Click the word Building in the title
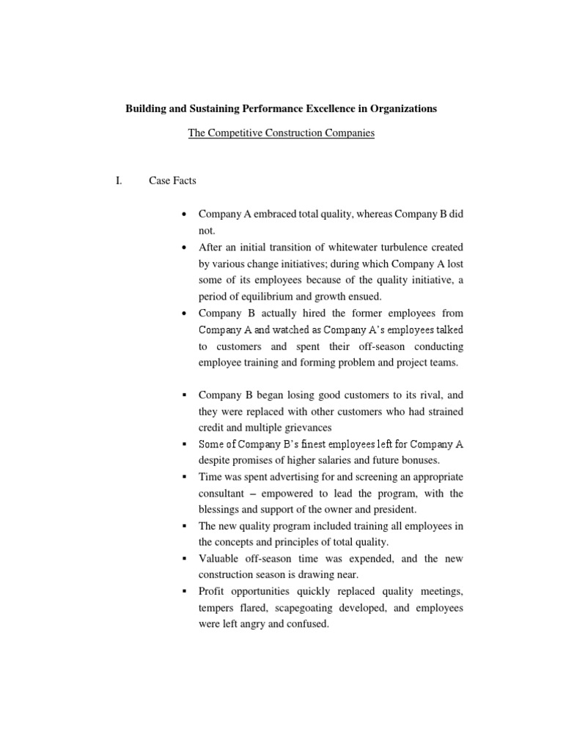[x=145, y=108]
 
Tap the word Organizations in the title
[x=400, y=108]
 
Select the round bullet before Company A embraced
[x=184, y=214]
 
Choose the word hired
[x=305, y=313]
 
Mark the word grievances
[x=310, y=428]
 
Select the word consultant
[x=224, y=493]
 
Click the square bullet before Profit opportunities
[x=184, y=591]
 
